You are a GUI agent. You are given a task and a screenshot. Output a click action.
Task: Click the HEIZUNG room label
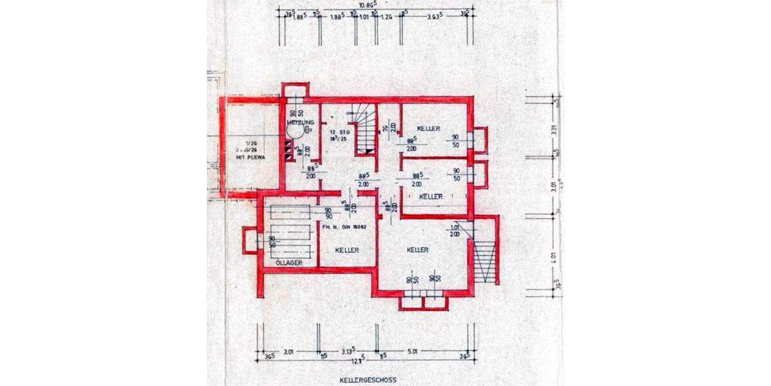(301, 122)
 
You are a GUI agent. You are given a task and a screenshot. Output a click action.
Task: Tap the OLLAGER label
(288, 263)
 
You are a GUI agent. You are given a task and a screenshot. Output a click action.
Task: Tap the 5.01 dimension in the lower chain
(412, 351)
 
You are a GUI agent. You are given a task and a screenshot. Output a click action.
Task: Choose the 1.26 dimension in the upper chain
(385, 17)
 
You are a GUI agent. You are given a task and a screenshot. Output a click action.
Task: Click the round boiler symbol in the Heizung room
(295, 132)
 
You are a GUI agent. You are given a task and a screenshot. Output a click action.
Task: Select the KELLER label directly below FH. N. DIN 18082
(346, 250)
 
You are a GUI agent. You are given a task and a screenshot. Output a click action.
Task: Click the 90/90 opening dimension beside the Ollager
(328, 214)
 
